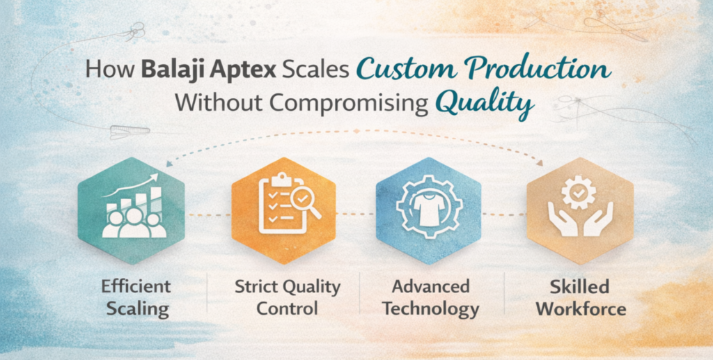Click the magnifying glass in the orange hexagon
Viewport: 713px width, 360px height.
(x=303, y=201)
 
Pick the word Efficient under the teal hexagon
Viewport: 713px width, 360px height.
(x=136, y=286)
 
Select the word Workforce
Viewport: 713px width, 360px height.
(x=579, y=308)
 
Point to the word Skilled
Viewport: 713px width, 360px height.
(x=579, y=286)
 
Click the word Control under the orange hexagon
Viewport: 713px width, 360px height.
(x=287, y=308)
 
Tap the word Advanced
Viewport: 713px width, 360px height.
(x=430, y=286)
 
